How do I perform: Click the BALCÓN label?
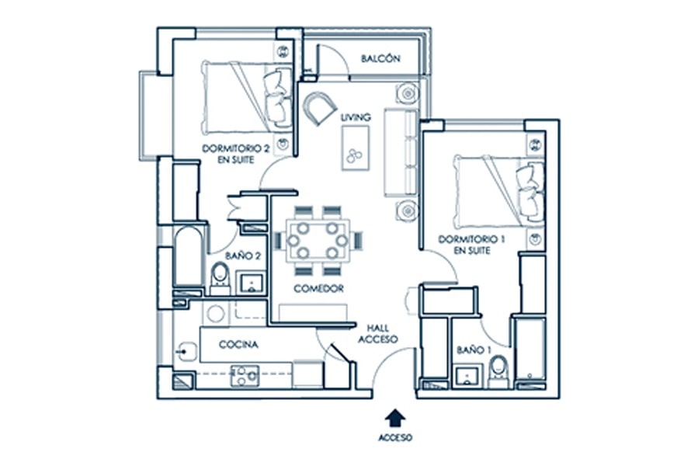point(380,58)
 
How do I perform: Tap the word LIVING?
point(355,117)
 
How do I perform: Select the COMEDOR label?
point(318,289)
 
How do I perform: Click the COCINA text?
point(238,344)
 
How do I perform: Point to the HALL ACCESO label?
point(377,334)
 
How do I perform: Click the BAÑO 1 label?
point(474,350)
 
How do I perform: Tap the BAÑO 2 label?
point(243,256)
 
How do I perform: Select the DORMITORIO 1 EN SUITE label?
point(471,245)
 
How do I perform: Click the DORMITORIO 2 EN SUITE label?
point(235,154)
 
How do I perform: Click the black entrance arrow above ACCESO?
point(395,418)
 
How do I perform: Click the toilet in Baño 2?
point(220,278)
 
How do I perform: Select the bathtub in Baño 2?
point(188,256)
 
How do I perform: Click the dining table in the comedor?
point(318,241)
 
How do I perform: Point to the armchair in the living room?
point(320,108)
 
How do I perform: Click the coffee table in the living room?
point(355,148)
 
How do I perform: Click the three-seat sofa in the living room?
point(401,152)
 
